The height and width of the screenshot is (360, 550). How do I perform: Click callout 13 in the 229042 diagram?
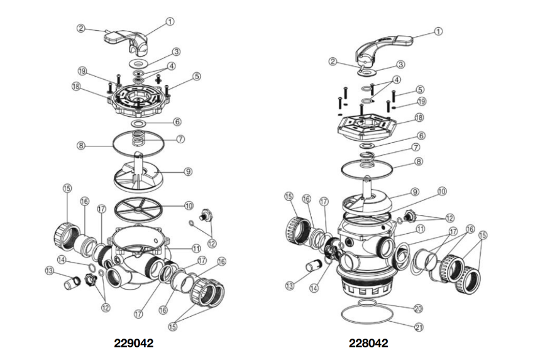tap(49, 271)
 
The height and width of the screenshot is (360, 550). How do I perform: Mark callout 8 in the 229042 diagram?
tap(81, 146)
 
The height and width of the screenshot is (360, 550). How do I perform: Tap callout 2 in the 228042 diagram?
tap(333, 61)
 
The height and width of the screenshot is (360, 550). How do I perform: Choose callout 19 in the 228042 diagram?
tap(421, 101)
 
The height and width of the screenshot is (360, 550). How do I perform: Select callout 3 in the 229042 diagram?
tap(177, 52)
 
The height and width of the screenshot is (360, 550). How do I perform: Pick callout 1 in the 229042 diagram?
tap(169, 21)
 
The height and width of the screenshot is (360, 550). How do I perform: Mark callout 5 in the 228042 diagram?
tap(421, 90)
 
